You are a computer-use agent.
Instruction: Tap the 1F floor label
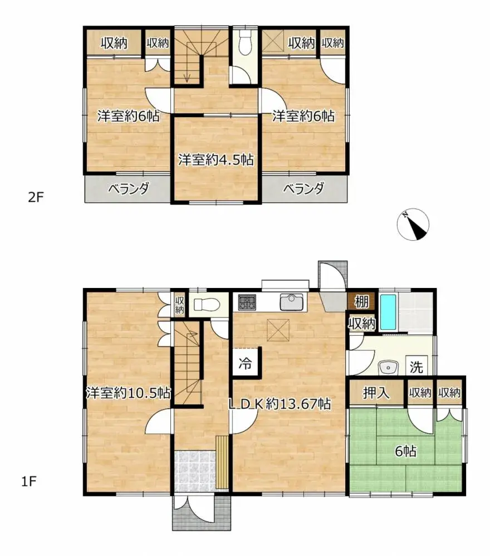point(30,481)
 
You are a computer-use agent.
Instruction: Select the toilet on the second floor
point(243,41)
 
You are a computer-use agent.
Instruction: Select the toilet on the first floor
point(203,304)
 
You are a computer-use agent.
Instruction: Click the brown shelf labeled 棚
point(361,302)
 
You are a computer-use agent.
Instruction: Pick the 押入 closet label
point(376,393)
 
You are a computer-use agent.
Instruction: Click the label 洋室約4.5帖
point(216,160)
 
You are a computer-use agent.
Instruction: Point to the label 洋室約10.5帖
point(128,393)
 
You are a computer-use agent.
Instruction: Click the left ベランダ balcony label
point(128,189)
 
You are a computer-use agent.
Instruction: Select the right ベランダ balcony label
point(303,189)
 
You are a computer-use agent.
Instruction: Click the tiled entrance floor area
point(194,470)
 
